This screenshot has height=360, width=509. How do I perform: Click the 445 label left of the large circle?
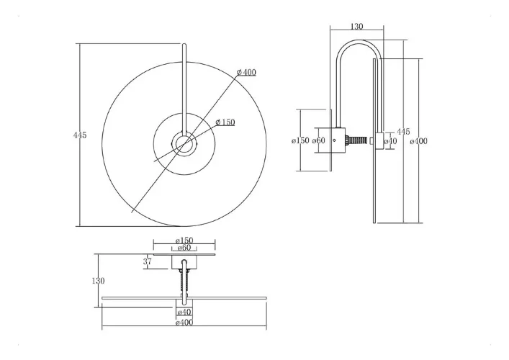tap(80, 135)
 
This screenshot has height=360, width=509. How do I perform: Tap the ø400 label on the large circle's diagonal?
tap(246, 73)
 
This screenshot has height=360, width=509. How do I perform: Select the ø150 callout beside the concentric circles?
tap(225, 122)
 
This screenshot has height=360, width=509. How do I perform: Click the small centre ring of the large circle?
tap(184, 143)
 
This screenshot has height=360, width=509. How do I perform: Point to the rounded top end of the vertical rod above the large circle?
tap(184, 45)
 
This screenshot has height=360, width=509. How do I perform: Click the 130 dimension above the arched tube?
tap(357, 27)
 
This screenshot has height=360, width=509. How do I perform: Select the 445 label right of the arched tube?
tap(403, 132)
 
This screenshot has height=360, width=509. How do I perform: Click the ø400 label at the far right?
tap(419, 141)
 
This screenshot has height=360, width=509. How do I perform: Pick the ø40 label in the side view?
tap(390, 141)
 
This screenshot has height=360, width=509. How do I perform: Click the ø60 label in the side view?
tap(318, 140)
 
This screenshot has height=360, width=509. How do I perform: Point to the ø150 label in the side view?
tap(300, 140)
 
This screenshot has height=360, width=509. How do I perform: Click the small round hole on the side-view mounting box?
tap(334, 140)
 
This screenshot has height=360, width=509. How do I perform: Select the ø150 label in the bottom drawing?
tap(184, 240)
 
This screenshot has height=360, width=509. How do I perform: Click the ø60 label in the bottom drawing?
tap(184, 248)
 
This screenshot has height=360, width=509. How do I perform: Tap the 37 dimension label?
tap(148, 261)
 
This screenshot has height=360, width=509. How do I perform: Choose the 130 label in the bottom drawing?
tap(98, 281)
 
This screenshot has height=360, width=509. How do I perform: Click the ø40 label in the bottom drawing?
tap(184, 312)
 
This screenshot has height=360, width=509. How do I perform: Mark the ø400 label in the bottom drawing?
tap(184, 323)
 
